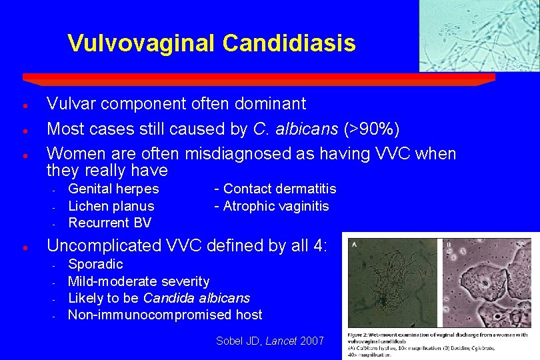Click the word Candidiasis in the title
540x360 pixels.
(x=289, y=43)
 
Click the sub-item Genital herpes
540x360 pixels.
(x=114, y=189)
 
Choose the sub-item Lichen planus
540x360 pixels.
(x=111, y=206)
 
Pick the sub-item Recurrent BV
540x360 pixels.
(x=110, y=223)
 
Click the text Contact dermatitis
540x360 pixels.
(x=279, y=189)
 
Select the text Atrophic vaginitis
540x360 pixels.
(x=276, y=206)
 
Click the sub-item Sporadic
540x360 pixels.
(x=95, y=264)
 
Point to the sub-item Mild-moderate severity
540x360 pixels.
(x=139, y=281)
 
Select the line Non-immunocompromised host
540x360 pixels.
(x=165, y=315)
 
